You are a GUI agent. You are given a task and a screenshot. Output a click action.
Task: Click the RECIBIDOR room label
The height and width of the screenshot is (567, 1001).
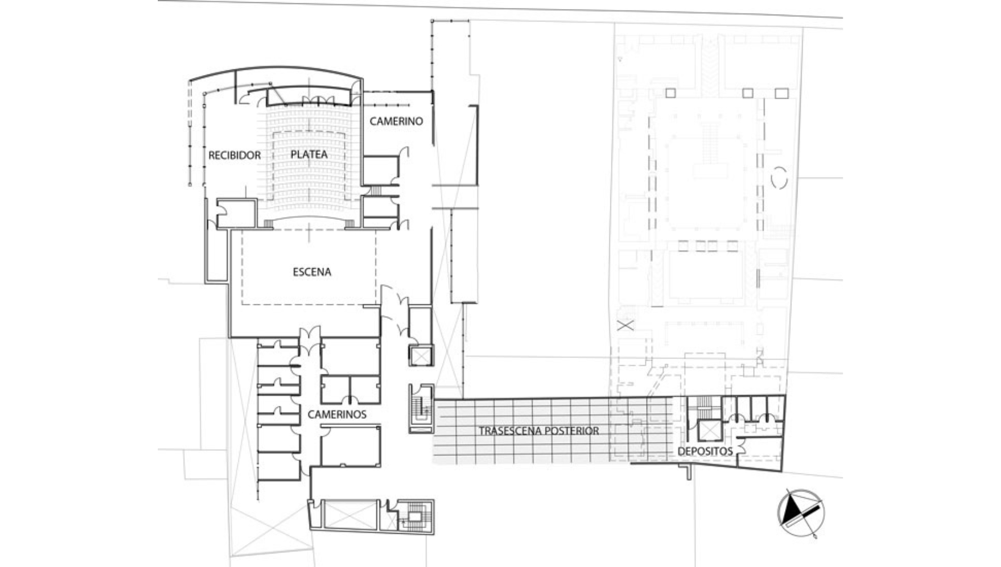tap(234, 155)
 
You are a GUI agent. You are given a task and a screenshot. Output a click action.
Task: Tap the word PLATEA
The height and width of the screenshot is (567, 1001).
tap(309, 154)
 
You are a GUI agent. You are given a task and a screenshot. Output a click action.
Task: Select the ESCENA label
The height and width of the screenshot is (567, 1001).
tap(312, 272)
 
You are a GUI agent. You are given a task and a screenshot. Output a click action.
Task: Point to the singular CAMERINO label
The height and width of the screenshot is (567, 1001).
tap(396, 121)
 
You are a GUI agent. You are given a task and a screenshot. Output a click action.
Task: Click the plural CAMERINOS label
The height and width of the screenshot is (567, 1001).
tap(337, 415)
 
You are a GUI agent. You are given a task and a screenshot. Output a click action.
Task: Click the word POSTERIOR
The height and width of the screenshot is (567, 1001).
tap(572, 431)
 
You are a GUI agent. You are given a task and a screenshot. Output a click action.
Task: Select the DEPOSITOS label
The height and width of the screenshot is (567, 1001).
tap(705, 451)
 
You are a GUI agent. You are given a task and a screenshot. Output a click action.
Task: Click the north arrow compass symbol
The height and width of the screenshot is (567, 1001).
tap(800, 513)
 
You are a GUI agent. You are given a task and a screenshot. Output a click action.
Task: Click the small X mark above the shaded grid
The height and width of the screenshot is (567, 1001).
tap(626, 325)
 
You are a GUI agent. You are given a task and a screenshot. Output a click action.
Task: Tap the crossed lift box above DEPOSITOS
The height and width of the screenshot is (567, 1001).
tap(710, 431)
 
